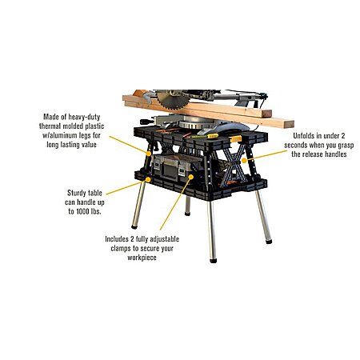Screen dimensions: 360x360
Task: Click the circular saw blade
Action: (173, 100)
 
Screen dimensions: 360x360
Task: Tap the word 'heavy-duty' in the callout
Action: (84, 117)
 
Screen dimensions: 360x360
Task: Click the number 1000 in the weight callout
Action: (82, 212)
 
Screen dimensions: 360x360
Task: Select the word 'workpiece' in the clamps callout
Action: (142, 258)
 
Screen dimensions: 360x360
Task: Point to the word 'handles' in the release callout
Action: (334, 154)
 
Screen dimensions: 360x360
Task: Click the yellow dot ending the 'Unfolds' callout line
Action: (243, 161)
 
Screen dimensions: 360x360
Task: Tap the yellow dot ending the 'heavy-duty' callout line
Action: (148, 154)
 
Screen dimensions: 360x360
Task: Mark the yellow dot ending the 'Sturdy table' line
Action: (148, 179)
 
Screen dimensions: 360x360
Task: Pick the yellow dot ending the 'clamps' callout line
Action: (191, 177)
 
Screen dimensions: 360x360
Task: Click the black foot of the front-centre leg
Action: (213, 260)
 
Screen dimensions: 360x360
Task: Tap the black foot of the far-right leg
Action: (269, 242)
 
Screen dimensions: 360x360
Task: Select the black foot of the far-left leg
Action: (134, 227)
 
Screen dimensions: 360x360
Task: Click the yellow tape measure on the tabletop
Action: (213, 136)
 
